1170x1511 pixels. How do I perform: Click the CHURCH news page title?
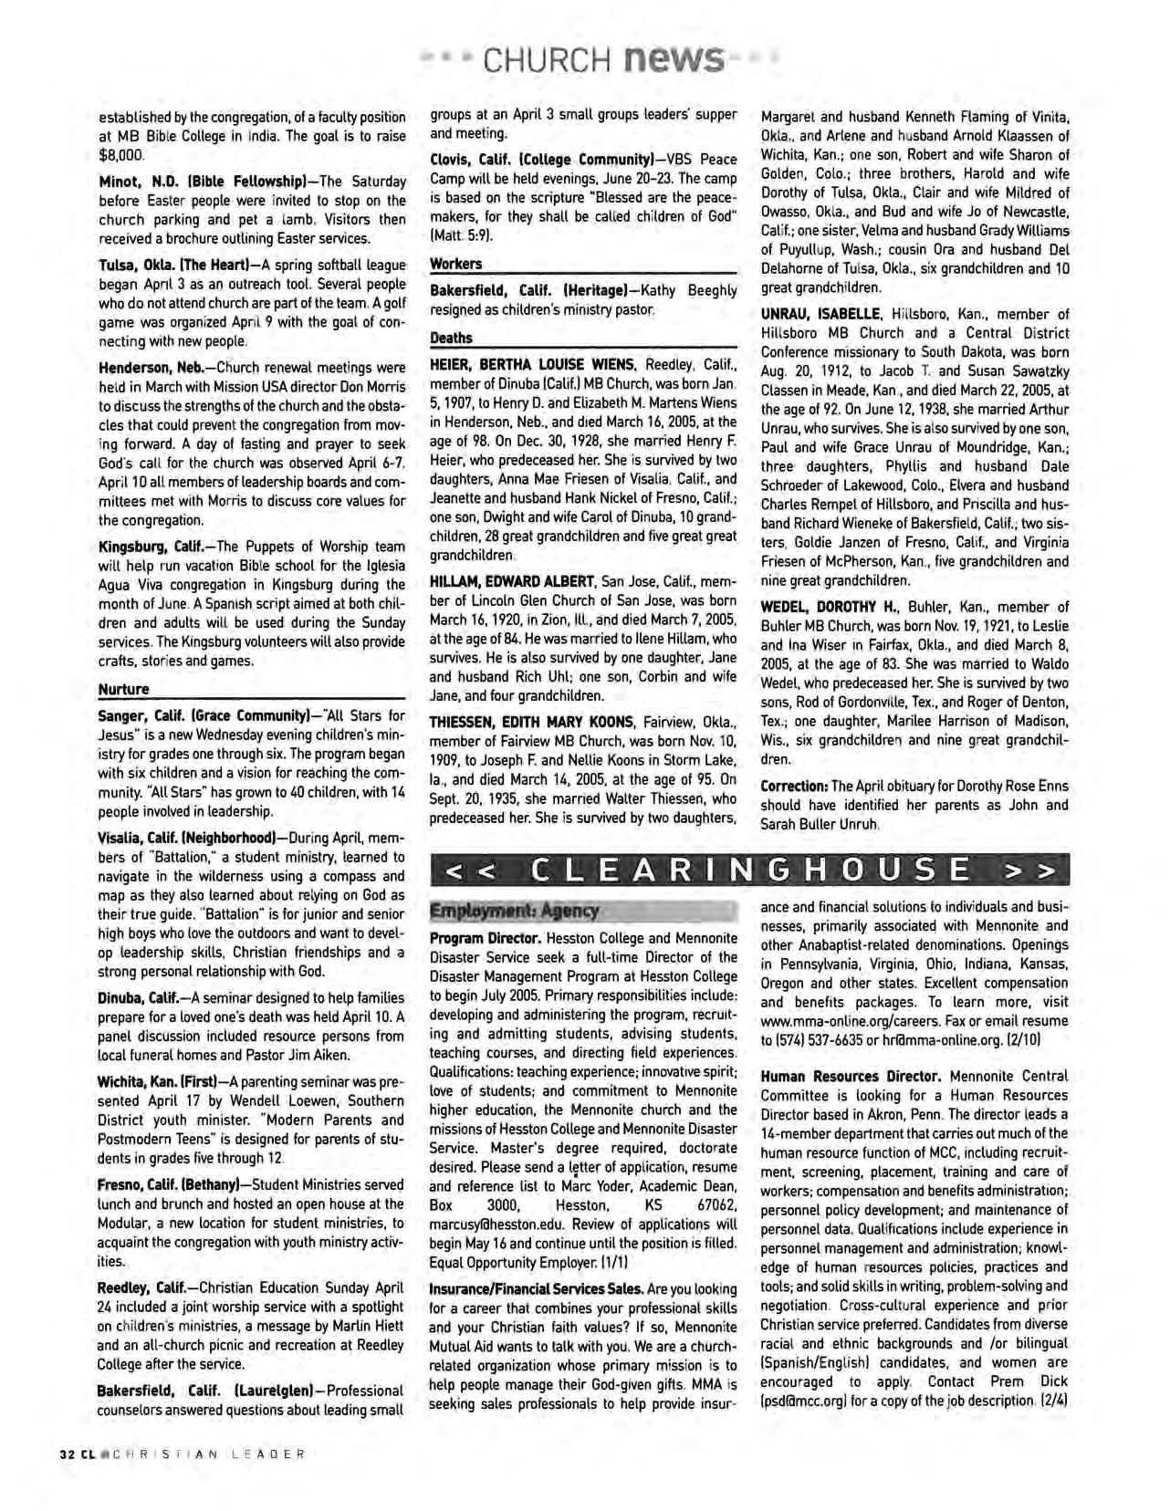[x=602, y=59]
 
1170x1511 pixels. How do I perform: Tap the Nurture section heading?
[x=123, y=689]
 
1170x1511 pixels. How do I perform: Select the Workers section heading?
[x=455, y=264]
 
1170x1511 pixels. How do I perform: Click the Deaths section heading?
[x=451, y=339]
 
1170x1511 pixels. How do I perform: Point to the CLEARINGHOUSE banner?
[x=748, y=869]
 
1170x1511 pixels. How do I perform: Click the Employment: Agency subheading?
[x=515, y=910]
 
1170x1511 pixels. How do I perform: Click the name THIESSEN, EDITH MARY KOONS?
[x=532, y=723]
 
